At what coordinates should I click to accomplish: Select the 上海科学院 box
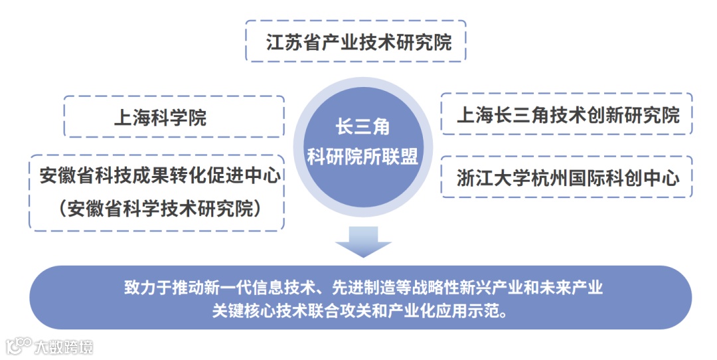tap(173, 118)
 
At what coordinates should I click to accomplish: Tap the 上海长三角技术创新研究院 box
tap(567, 115)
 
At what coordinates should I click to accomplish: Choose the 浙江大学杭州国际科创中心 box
tap(567, 177)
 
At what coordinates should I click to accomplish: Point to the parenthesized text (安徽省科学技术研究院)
tap(158, 209)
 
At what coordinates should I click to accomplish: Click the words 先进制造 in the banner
tap(356, 288)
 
